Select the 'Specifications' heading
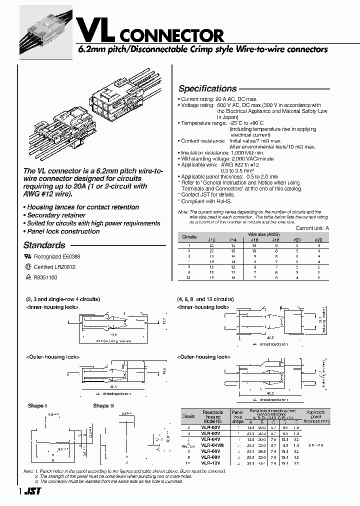point(207,88)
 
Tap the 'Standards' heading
point(44,245)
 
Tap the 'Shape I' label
point(38,406)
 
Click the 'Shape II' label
point(101,406)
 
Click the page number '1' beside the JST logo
point(20,492)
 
